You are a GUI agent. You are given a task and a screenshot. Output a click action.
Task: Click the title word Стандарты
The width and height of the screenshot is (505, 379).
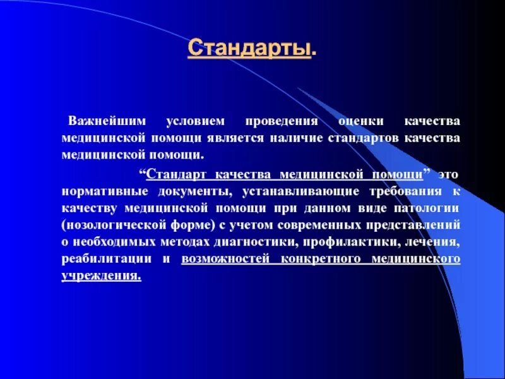coord(250,49)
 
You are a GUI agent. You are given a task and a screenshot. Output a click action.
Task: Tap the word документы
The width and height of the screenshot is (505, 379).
coord(179,190)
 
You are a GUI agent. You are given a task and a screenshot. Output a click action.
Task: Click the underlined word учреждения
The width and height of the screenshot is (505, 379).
coord(101,277)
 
